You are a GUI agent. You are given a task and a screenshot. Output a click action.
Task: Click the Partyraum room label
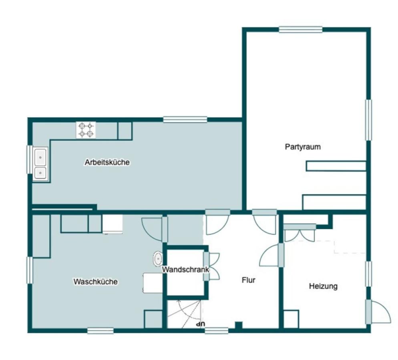303,147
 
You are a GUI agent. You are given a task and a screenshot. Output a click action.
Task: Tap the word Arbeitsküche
107,162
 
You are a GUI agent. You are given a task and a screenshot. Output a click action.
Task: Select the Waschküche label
95,282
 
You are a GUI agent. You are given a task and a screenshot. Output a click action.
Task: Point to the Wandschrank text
185,270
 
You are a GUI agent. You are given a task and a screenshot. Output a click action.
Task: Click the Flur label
249,280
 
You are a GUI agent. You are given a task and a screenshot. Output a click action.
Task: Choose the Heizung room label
323,286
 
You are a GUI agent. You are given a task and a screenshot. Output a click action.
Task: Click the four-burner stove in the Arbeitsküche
86,130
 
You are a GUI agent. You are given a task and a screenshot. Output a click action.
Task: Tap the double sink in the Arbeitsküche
40,164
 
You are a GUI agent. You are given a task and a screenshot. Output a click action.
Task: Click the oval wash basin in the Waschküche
158,259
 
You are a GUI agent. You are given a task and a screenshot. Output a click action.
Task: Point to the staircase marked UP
184,314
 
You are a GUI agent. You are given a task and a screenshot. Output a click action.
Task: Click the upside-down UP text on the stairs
201,324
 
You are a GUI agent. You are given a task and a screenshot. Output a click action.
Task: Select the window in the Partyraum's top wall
301,30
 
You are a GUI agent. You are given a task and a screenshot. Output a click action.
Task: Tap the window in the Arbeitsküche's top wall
185,120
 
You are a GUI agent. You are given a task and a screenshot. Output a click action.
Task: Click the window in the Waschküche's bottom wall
100,330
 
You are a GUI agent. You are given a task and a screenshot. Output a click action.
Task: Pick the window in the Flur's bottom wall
217,330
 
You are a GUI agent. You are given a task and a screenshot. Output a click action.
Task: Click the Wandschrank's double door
211,266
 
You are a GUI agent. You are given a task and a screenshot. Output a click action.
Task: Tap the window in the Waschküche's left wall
30,270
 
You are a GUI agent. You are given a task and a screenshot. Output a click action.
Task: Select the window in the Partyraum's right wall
368,120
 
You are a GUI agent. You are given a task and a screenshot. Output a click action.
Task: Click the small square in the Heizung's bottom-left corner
291,319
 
